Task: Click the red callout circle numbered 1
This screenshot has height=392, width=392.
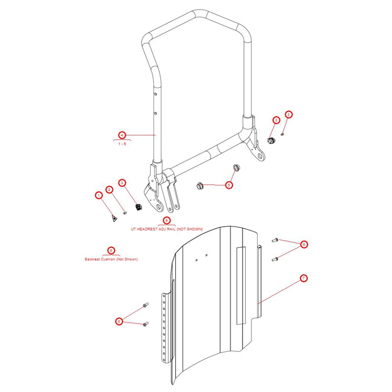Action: point(99,195)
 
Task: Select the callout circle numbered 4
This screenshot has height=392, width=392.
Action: point(122,135)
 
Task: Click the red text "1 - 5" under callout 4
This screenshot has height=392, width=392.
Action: point(122,144)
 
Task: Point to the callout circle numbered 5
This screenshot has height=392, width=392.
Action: point(229,185)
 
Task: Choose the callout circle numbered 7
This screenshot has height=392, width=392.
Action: point(303,278)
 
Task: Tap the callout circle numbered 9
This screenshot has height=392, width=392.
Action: point(167,221)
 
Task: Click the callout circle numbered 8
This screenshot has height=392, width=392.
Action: point(111,250)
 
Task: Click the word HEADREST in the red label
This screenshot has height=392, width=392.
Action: point(148,229)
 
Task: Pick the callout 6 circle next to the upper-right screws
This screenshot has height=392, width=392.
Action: point(303,245)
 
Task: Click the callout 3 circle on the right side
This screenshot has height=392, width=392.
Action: point(276,120)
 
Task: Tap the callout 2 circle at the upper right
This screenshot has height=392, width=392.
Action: point(289,115)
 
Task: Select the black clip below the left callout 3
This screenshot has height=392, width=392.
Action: point(138,206)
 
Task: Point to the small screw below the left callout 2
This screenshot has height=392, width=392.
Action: point(125,213)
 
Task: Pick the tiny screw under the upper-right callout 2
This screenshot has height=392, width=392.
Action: point(283,134)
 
